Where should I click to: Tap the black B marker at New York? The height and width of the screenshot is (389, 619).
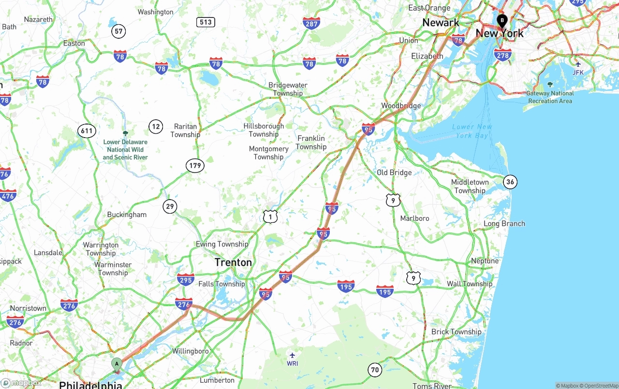[x=502, y=21]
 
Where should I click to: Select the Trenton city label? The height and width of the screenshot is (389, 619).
[x=233, y=263]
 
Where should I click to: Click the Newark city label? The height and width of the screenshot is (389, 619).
[x=441, y=22]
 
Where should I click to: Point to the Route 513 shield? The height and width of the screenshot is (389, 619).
[x=206, y=22]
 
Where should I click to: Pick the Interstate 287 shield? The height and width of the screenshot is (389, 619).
[x=311, y=23]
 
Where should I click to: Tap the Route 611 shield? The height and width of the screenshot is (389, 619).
[x=87, y=131]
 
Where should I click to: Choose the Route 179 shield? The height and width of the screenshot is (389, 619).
[x=195, y=166]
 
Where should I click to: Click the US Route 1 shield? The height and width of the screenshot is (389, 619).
[x=270, y=217]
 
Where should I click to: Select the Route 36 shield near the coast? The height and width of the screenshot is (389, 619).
[x=510, y=182]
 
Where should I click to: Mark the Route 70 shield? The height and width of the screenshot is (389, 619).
[x=375, y=370]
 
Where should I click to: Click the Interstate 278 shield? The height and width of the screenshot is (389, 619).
[x=502, y=55]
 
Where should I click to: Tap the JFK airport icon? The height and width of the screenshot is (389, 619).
[x=578, y=64]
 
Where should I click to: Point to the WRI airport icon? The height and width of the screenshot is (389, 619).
[x=292, y=356]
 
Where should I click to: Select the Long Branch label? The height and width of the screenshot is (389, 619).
[x=504, y=224]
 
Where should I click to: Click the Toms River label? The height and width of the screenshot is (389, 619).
[x=432, y=386]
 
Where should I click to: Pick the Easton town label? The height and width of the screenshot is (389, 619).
[x=74, y=43]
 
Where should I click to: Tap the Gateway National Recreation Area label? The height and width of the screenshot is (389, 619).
[x=550, y=97]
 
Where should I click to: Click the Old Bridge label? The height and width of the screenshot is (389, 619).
[x=394, y=172]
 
